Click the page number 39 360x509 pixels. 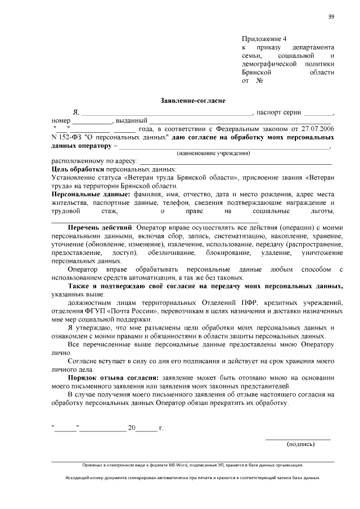pyautogui.click(x=331, y=16)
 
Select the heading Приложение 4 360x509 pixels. pyautogui.click(x=264, y=39)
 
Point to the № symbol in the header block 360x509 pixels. pyautogui.click(x=260, y=80)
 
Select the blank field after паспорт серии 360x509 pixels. pyautogui.click(x=320, y=112)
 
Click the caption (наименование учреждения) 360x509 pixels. pyautogui.click(x=213, y=153)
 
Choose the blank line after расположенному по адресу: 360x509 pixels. pyautogui.click(x=236, y=161)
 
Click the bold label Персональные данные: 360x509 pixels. pyautogui.click(x=83, y=193)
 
